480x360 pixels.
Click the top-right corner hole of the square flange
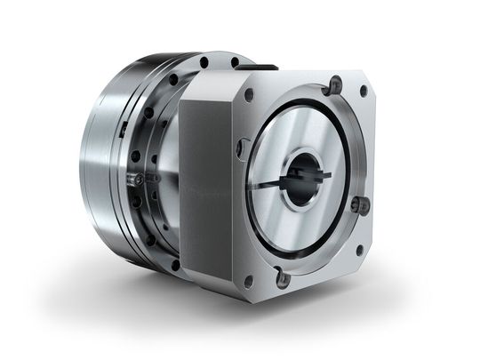tap(363, 91)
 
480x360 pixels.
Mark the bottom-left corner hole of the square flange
tap(249, 281)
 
